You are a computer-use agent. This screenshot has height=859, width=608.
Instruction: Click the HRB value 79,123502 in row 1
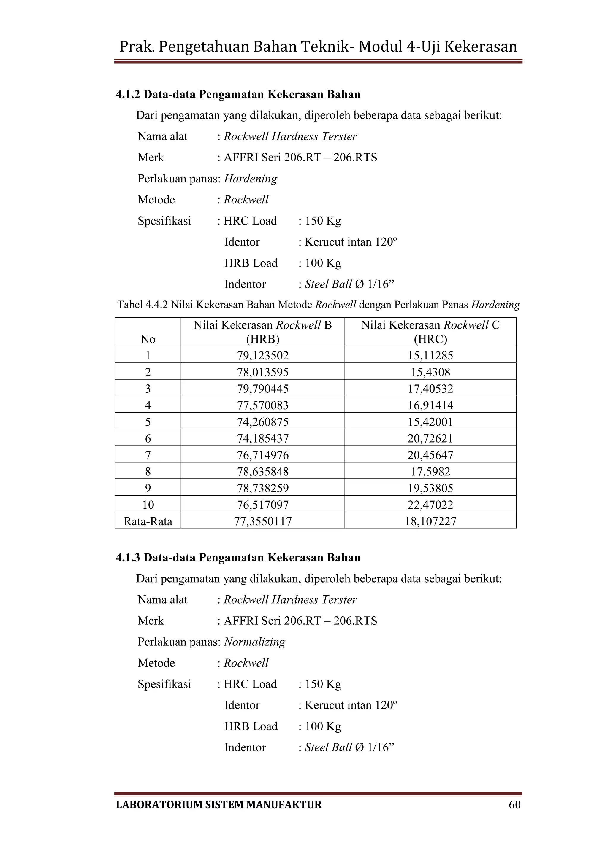point(262,355)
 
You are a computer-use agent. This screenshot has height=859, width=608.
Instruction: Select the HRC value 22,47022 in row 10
point(430,505)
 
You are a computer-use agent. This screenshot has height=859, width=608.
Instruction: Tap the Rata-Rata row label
point(148,521)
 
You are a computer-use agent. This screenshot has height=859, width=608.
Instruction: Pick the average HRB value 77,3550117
point(262,521)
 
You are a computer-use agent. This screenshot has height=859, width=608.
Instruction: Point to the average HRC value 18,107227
point(430,521)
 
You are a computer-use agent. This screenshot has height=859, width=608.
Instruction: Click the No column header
point(148,339)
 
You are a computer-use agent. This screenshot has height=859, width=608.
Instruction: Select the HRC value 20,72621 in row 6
point(430,438)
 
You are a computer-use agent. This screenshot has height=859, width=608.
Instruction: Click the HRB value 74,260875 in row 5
point(262,422)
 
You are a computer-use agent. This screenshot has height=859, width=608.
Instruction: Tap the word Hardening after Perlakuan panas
point(251,179)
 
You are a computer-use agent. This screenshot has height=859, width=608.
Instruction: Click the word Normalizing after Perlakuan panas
point(255,642)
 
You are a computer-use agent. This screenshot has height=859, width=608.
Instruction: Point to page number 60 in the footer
point(514,805)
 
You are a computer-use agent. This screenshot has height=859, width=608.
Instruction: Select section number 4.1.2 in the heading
point(128,94)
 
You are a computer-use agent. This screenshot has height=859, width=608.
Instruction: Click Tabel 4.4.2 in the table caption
point(142,305)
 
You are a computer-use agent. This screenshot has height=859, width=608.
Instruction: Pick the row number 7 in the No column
point(148,455)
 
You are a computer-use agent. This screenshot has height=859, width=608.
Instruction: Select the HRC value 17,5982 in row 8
point(430,471)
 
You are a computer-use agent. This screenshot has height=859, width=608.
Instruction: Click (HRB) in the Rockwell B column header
point(262,339)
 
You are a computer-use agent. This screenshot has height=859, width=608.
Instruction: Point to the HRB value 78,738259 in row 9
point(262,488)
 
